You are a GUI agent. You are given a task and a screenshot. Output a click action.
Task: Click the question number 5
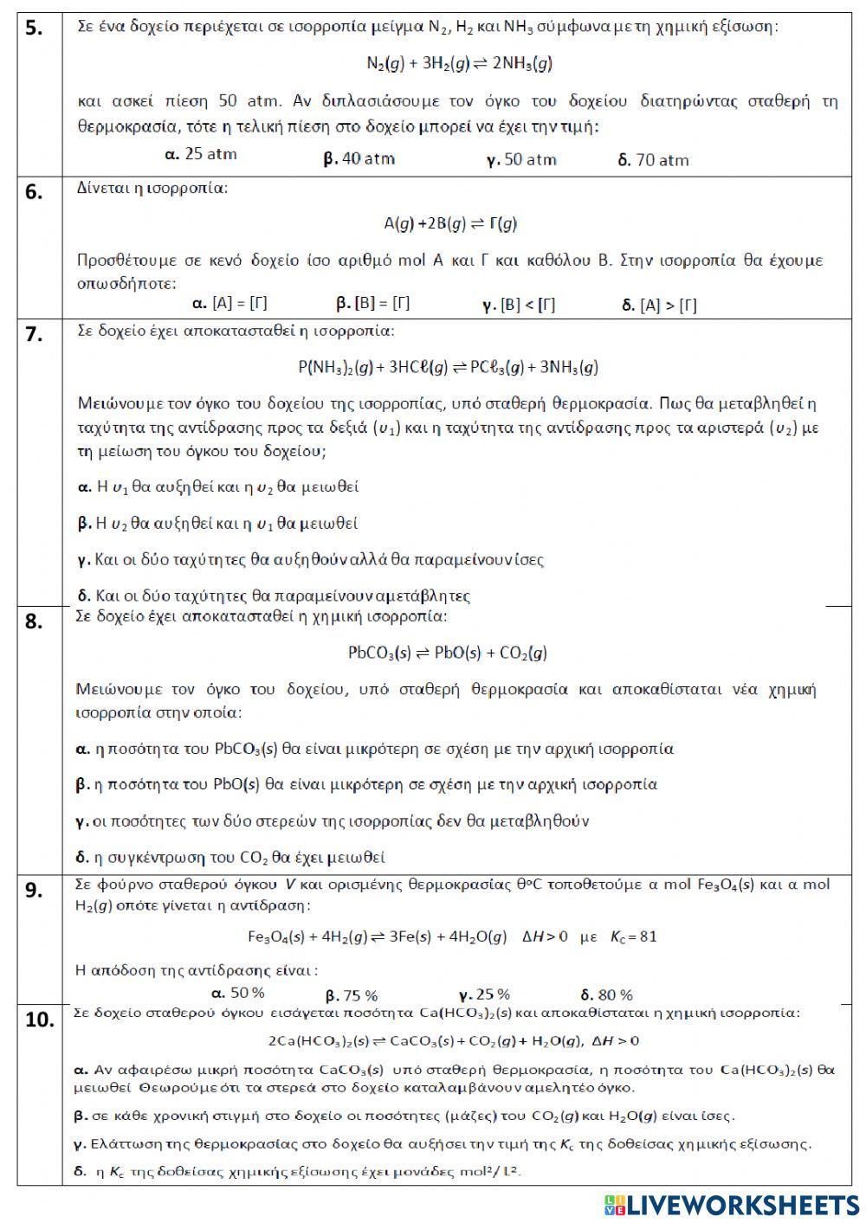pos(33,29)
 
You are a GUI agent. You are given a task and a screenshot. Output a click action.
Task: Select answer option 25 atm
pos(200,155)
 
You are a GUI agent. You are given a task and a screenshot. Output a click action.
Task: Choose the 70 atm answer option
pos(654,160)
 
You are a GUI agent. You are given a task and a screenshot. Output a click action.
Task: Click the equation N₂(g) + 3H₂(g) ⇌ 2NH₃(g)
pos(459,63)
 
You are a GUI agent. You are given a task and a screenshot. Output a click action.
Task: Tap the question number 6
pos(33,192)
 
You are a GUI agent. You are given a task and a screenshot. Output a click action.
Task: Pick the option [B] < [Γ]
pos(519,305)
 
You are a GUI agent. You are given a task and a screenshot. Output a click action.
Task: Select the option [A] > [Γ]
pos(659,305)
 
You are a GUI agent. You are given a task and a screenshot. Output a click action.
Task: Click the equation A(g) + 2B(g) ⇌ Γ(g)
pos(450,223)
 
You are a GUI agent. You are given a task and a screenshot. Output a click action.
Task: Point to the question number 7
pos(33,335)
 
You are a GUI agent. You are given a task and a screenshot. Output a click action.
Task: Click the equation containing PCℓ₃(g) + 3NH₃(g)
pos(449,367)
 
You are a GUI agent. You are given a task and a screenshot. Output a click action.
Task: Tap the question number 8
pos(33,621)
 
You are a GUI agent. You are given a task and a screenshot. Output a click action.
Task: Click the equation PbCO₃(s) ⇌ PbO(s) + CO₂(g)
pos(447,653)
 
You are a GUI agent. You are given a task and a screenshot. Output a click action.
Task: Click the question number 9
pos(33,890)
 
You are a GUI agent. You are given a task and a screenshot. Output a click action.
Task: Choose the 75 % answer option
pos(352,995)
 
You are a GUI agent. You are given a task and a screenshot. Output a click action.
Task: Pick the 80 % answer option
pos(606,995)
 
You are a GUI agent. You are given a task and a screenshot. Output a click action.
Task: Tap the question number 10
pos(39,1020)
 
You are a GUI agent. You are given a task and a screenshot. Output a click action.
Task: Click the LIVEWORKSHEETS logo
pos(732,1205)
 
